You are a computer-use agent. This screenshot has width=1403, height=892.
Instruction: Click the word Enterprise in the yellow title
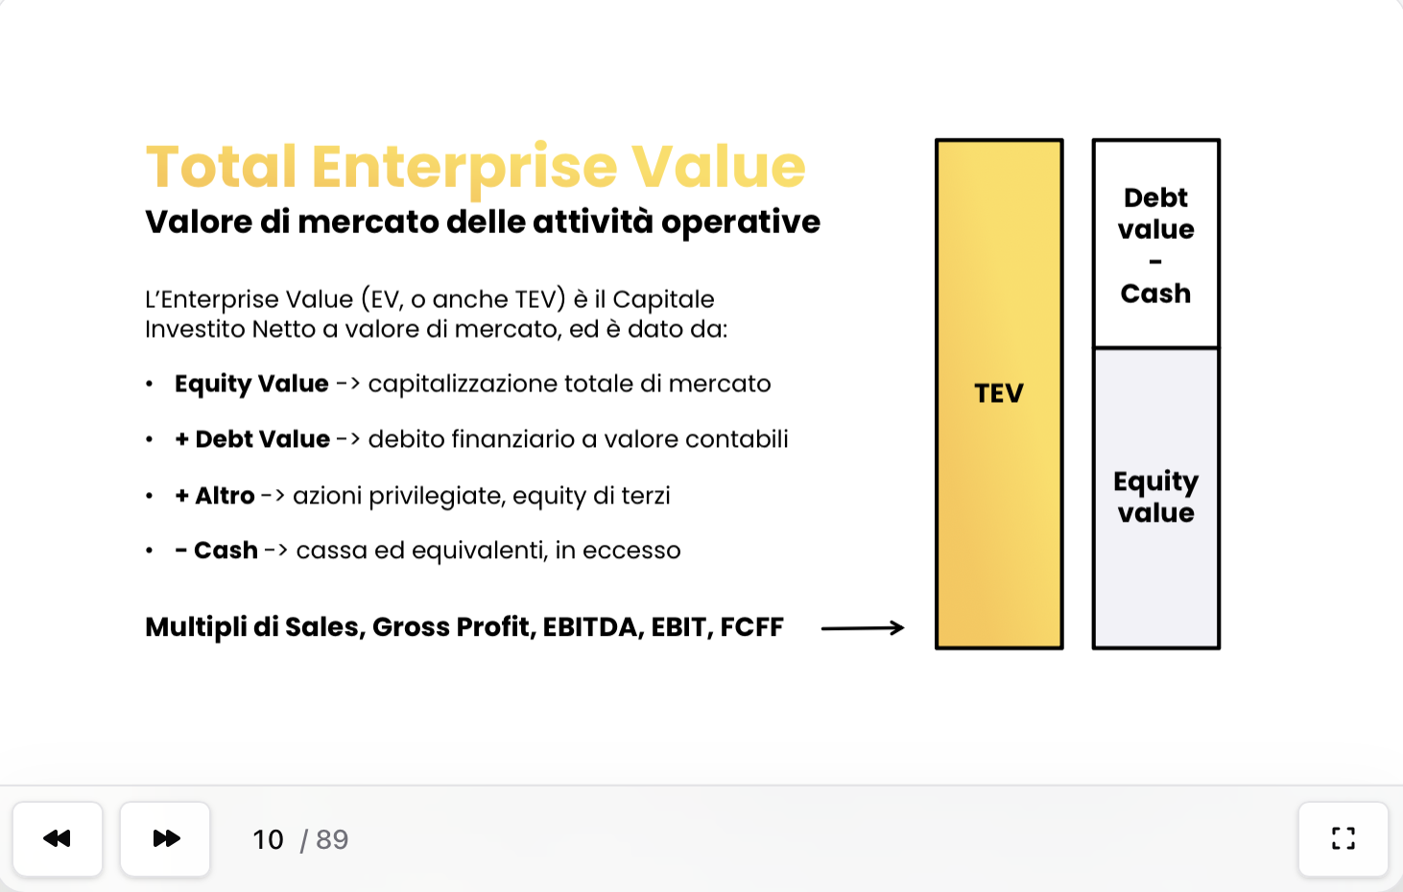464,168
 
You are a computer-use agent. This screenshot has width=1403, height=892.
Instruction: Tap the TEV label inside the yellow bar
999,393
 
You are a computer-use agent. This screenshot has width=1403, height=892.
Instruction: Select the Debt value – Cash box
1155,244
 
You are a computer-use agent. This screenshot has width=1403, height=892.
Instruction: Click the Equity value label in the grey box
1155,497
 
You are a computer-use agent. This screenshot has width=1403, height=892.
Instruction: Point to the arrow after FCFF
863,627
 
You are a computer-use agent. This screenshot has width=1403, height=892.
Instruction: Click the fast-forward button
165,839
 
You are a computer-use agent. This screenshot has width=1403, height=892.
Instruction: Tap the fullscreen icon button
1343,839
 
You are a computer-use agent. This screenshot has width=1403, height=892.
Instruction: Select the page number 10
268,839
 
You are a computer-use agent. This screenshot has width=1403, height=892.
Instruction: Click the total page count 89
332,839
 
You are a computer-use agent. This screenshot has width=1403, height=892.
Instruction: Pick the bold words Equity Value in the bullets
251,384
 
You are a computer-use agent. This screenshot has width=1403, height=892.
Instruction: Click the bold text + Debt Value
252,438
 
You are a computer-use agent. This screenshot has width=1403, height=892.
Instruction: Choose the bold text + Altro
215,495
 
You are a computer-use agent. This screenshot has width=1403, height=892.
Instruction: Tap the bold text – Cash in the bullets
216,551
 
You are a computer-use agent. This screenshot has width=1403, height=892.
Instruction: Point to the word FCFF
751,626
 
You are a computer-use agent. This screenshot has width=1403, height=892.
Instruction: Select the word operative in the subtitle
740,223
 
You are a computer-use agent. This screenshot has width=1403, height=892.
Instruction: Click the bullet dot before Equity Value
149,384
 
